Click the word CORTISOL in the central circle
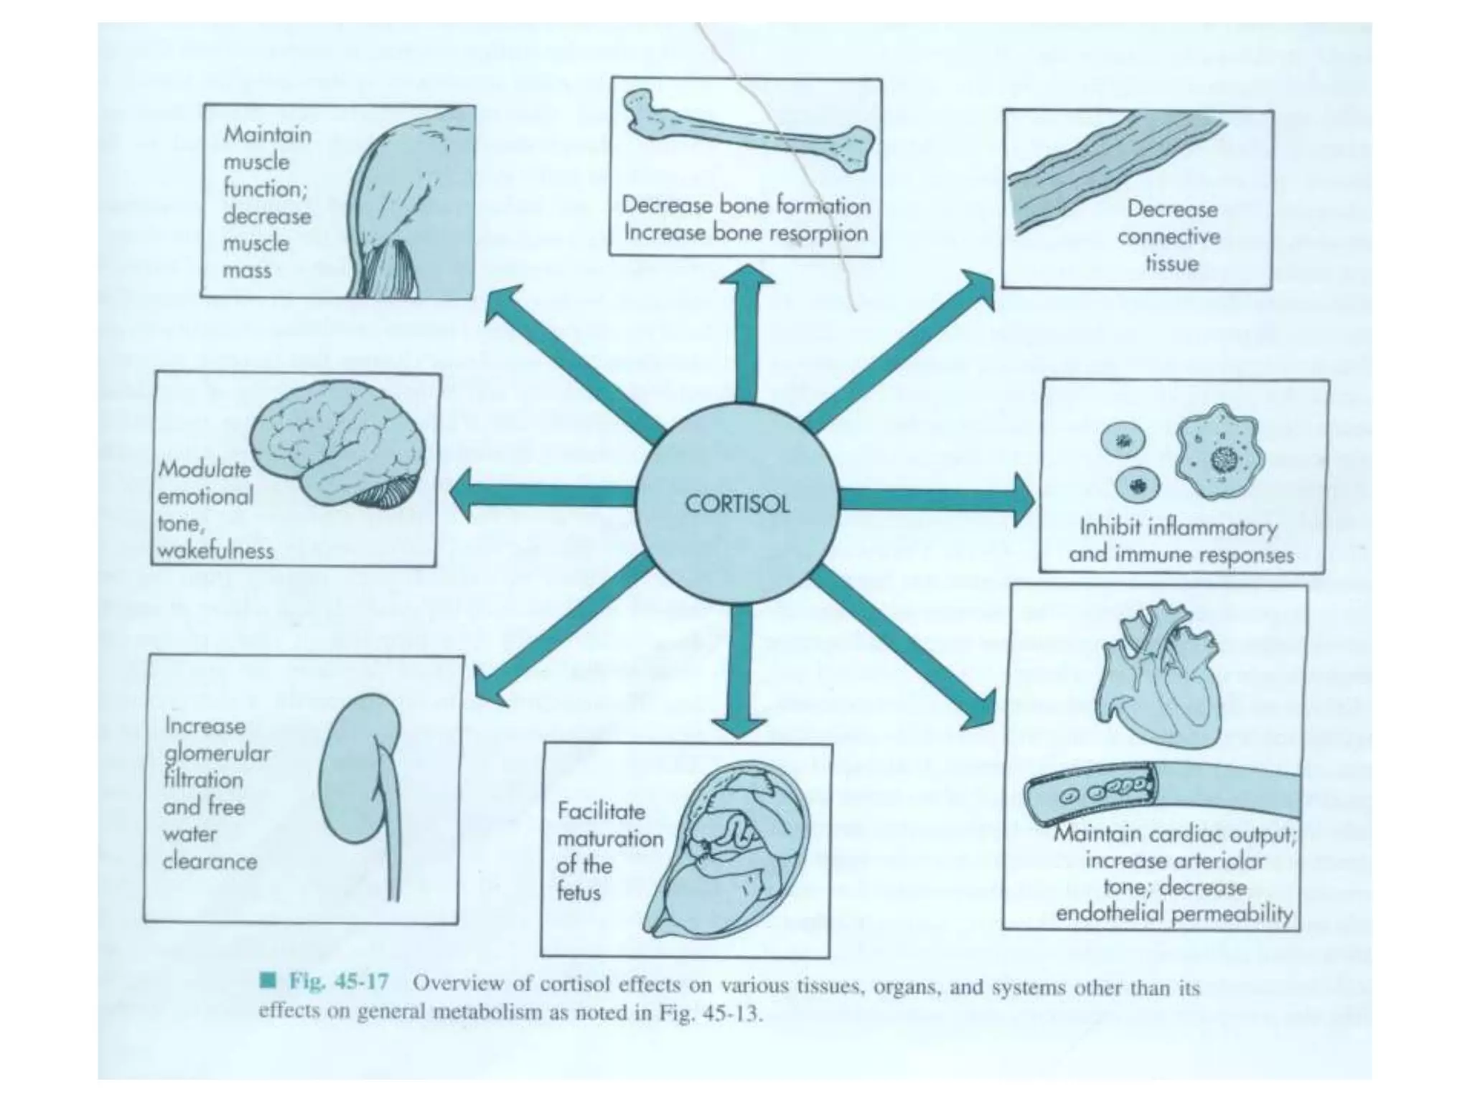click(737, 504)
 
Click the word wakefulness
click(215, 551)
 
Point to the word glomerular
click(218, 753)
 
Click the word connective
click(1169, 236)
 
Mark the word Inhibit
click(1110, 527)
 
